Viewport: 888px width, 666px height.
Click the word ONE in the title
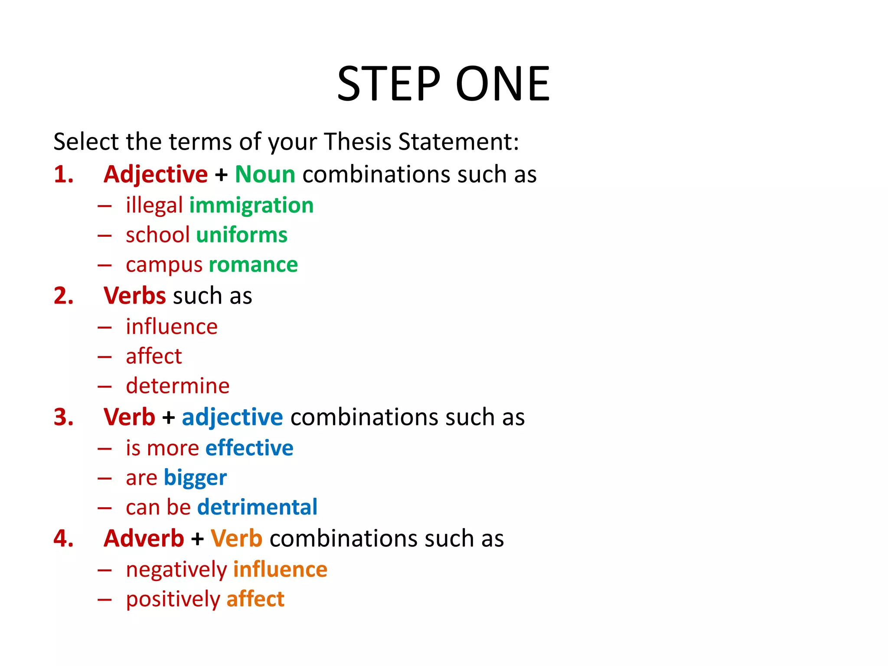click(503, 83)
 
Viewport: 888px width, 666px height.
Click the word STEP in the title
click(388, 83)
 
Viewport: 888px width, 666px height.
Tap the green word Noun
click(265, 174)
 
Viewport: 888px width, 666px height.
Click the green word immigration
click(251, 205)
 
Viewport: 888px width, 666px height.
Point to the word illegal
click(154, 205)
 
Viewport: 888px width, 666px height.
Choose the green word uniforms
click(242, 235)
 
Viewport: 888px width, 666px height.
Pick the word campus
click(164, 264)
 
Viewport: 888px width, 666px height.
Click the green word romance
click(253, 264)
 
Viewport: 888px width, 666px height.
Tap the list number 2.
click(63, 296)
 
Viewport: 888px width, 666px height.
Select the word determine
click(177, 385)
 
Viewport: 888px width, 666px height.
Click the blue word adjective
click(232, 417)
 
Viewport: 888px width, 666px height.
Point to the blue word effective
click(249, 448)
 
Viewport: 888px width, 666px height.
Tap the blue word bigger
click(195, 478)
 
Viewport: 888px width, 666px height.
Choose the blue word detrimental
click(257, 507)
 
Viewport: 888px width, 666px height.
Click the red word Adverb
click(144, 539)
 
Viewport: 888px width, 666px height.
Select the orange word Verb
click(236, 539)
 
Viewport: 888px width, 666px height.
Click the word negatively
click(176, 569)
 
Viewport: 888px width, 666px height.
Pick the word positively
click(173, 599)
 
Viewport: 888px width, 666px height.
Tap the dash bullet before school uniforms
click(104, 235)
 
